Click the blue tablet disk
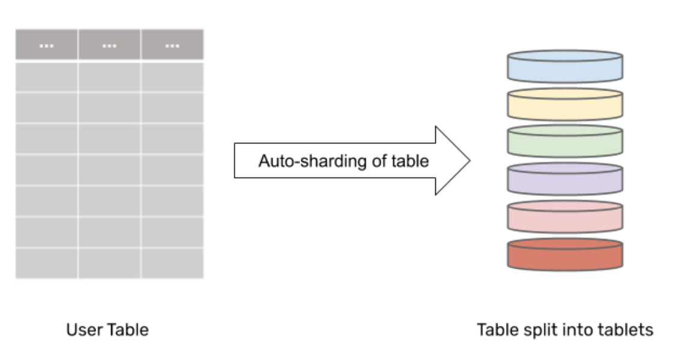(x=565, y=66)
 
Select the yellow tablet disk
(x=565, y=104)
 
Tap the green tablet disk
(x=565, y=142)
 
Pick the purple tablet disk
(x=565, y=179)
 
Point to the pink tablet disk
(x=565, y=217)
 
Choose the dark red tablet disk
(x=565, y=254)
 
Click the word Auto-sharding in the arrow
(x=298, y=161)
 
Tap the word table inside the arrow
(x=415, y=161)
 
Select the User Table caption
(x=107, y=329)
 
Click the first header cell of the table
(x=46, y=45)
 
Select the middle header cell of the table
(x=109, y=45)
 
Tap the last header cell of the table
(x=172, y=45)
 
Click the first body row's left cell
(x=46, y=77)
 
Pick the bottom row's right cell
(x=172, y=263)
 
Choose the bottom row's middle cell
(x=109, y=263)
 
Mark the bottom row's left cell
(x=46, y=263)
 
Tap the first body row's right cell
(x=172, y=77)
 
